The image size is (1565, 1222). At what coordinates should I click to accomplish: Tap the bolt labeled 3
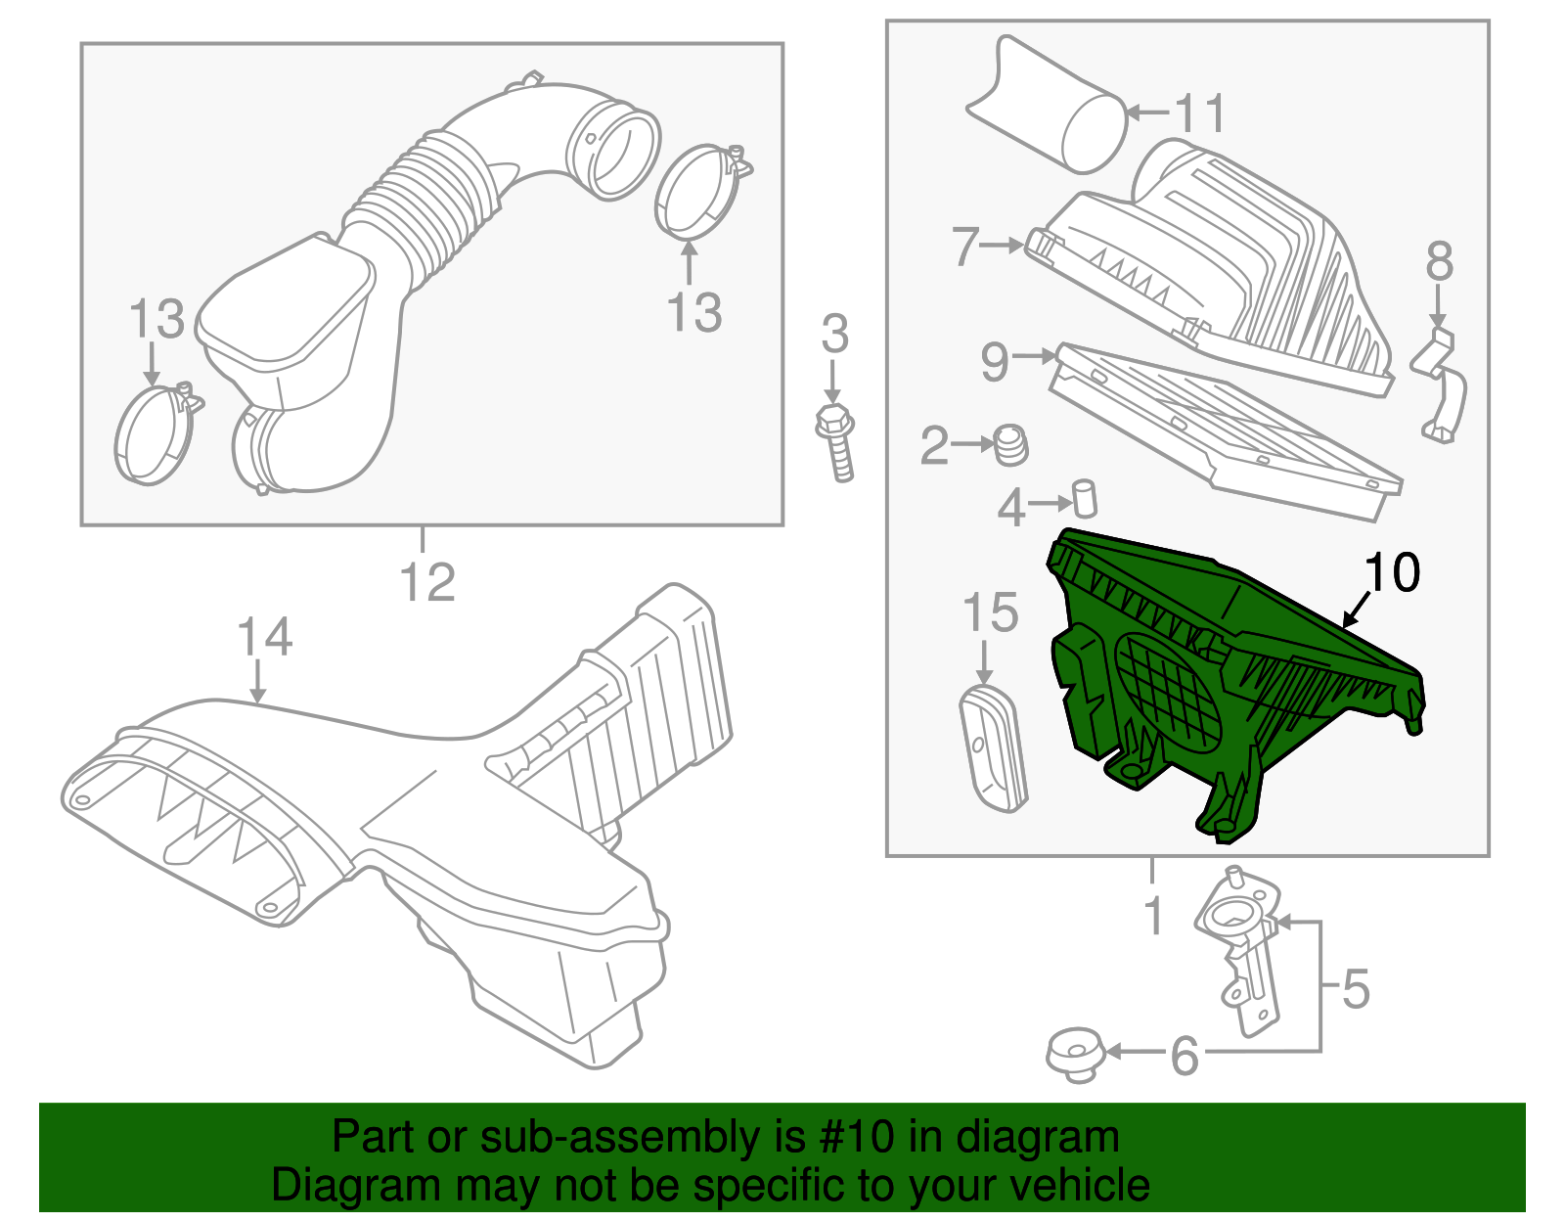(836, 445)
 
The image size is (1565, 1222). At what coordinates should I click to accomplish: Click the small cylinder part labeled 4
(1085, 499)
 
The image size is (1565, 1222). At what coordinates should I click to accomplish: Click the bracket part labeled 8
(1441, 386)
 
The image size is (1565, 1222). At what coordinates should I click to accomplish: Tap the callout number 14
(264, 637)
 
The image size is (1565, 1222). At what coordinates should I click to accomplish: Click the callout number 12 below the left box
(427, 582)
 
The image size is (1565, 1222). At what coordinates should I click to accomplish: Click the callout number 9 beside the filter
(995, 362)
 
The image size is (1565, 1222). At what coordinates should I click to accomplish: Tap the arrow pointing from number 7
(1002, 246)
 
